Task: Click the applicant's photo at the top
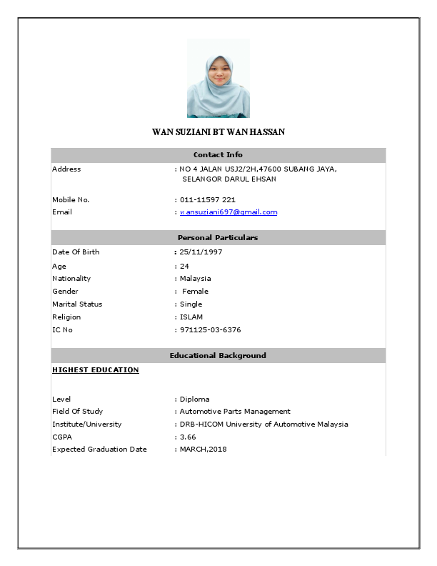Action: pyautogui.click(x=218, y=79)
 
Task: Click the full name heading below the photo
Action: pyautogui.click(x=218, y=132)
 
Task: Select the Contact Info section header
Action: pyautogui.click(x=218, y=155)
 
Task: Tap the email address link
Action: pyautogui.click(x=228, y=212)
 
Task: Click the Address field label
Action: pyautogui.click(x=66, y=169)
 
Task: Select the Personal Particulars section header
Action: pyautogui.click(x=218, y=237)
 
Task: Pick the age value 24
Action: pyautogui.click(x=184, y=266)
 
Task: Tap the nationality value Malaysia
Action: pyautogui.click(x=195, y=279)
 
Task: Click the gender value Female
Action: pyautogui.click(x=195, y=292)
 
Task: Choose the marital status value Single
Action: pyautogui.click(x=191, y=304)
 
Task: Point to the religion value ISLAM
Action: pyautogui.click(x=191, y=317)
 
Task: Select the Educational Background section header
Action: pyautogui.click(x=218, y=355)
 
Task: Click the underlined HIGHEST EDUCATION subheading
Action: pyautogui.click(x=96, y=370)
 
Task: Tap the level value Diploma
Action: pyautogui.click(x=194, y=399)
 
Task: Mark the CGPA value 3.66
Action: pyautogui.click(x=187, y=437)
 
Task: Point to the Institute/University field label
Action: pyautogui.click(x=86, y=424)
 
